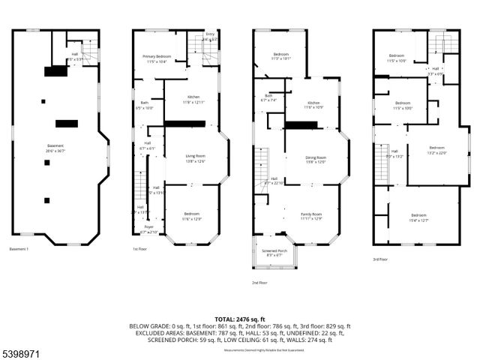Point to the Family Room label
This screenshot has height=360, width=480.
311,216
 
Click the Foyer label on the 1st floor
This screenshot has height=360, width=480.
148,229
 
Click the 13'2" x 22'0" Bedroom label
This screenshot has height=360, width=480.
436,150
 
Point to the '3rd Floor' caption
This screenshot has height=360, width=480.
380,259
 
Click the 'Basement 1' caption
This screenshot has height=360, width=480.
19,249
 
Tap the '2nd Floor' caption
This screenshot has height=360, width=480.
259,283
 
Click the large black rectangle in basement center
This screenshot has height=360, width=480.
67,124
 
